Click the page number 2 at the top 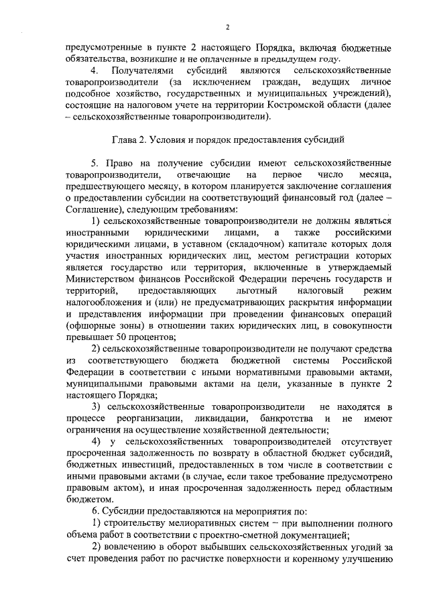click(x=227, y=27)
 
